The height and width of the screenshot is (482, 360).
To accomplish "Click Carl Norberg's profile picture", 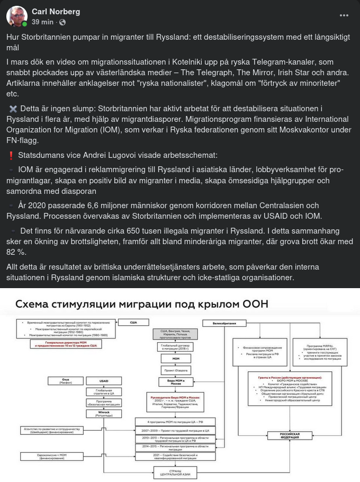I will (17, 17).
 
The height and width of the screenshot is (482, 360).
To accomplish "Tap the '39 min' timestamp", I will (42, 22).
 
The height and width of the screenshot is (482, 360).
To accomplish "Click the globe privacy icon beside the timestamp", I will (62, 22).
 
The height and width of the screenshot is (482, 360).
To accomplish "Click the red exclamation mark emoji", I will (11, 156).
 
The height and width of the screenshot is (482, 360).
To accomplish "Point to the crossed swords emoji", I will (13, 109).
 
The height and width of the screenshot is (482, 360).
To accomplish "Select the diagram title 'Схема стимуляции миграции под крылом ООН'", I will (141, 305).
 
